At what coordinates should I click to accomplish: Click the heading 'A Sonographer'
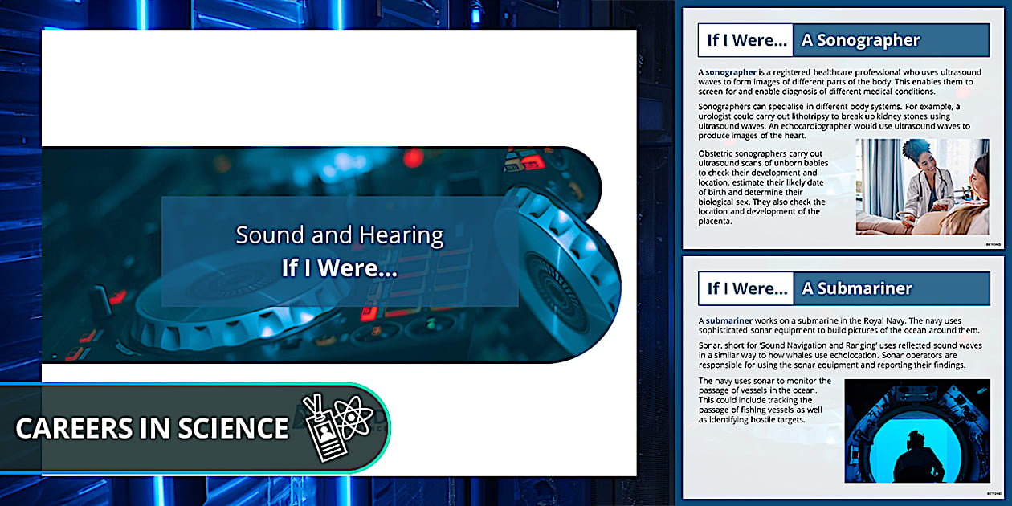860,41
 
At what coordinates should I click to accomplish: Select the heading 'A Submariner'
856,288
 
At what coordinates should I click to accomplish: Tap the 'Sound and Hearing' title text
340,235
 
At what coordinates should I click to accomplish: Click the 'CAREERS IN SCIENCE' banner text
152,428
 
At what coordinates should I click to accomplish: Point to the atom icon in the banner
353,417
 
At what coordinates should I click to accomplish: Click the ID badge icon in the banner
324,429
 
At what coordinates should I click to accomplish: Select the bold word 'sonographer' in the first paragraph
731,72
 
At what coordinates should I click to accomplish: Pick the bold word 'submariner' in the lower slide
728,320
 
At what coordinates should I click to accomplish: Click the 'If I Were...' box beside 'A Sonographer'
745,40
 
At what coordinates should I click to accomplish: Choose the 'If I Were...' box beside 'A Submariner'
746,288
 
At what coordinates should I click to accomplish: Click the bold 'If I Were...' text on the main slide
339,268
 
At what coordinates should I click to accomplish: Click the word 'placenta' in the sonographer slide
715,222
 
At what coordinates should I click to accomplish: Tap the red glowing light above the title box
413,157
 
